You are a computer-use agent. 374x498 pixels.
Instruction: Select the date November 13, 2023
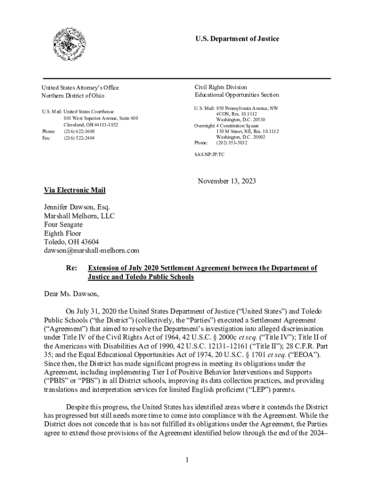point(226,181)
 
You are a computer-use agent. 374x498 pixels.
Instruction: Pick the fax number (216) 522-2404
point(79,138)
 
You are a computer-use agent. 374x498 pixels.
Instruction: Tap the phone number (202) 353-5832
point(232,143)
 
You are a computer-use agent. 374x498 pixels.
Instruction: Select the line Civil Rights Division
point(221,88)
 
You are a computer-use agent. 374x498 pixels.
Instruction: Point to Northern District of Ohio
point(73,95)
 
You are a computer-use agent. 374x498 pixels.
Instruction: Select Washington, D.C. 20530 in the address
point(240,120)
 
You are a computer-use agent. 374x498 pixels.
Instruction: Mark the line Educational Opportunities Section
point(237,95)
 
